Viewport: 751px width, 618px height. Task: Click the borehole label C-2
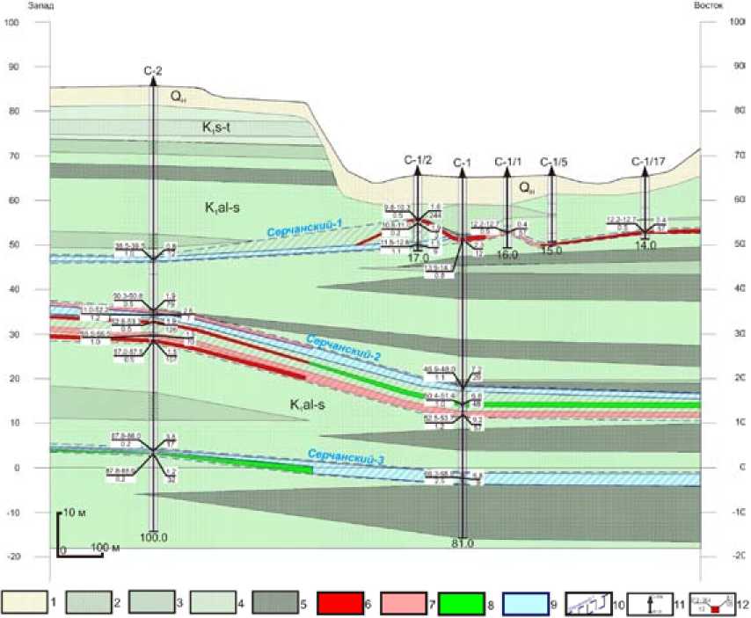click(x=153, y=69)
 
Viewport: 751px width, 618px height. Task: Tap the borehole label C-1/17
click(x=646, y=161)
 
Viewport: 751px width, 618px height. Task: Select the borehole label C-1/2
click(x=418, y=160)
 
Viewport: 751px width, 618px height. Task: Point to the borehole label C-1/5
click(x=553, y=161)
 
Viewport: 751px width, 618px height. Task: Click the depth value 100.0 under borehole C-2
click(x=153, y=536)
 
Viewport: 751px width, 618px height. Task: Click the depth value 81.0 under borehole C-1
click(x=463, y=543)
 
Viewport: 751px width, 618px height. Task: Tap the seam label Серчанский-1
click(x=305, y=226)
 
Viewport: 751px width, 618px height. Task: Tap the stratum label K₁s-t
click(x=215, y=127)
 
